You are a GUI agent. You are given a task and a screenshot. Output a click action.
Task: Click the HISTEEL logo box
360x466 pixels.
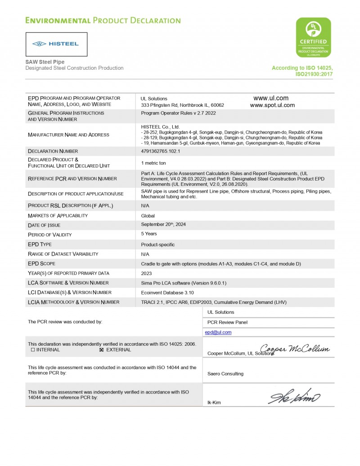tap(56, 44)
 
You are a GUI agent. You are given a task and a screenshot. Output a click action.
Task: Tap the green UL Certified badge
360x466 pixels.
tap(313, 37)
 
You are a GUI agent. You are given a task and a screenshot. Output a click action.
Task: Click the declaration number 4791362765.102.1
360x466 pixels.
tap(160, 151)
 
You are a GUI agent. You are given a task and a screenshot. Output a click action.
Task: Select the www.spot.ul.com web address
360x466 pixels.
tap(272, 105)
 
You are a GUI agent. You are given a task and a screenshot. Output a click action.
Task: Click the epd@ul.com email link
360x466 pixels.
tap(218, 332)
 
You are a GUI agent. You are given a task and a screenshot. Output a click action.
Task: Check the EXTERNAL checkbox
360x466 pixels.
tap(101, 350)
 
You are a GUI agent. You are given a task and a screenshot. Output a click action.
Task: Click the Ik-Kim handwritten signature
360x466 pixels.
tap(294, 397)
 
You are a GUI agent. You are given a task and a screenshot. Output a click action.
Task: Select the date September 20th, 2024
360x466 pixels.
tap(163, 224)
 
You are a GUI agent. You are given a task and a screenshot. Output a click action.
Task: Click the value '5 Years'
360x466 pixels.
tap(149, 234)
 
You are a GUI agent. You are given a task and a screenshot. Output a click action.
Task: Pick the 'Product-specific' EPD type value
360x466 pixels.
tap(158, 244)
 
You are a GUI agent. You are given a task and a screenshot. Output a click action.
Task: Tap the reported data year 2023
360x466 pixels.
tap(146, 273)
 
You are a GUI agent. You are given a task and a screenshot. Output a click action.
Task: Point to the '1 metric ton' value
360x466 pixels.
tap(153, 163)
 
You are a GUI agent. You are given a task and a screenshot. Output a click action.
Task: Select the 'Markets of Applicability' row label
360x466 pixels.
tap(58, 216)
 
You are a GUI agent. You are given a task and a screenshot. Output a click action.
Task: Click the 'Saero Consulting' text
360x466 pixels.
tap(225, 374)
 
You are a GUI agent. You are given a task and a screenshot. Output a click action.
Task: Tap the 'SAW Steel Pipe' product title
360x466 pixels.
tap(45, 62)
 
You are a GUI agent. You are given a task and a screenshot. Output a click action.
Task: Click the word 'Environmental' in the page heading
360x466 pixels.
tap(58, 21)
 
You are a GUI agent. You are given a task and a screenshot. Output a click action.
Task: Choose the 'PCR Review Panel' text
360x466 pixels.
tap(227, 322)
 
